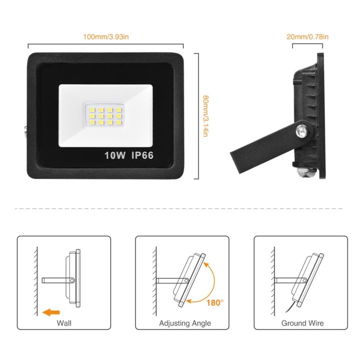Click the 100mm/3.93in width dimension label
pos(106,36)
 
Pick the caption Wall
pos(64,323)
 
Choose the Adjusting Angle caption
pos(185,323)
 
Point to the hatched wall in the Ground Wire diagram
pos(272,280)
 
